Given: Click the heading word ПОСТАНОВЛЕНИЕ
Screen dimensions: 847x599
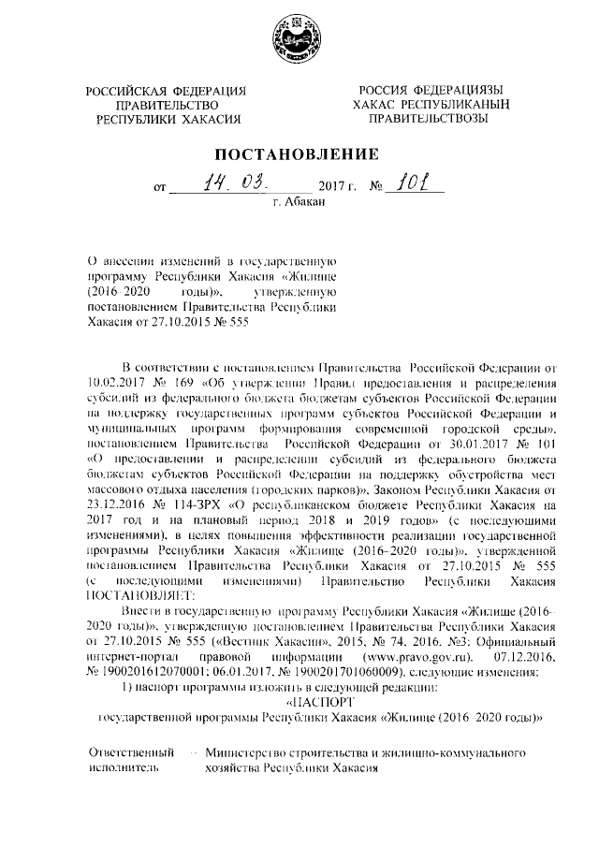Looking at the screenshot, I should pos(299,153).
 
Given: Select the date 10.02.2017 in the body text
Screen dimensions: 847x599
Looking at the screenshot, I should pos(120,383).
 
